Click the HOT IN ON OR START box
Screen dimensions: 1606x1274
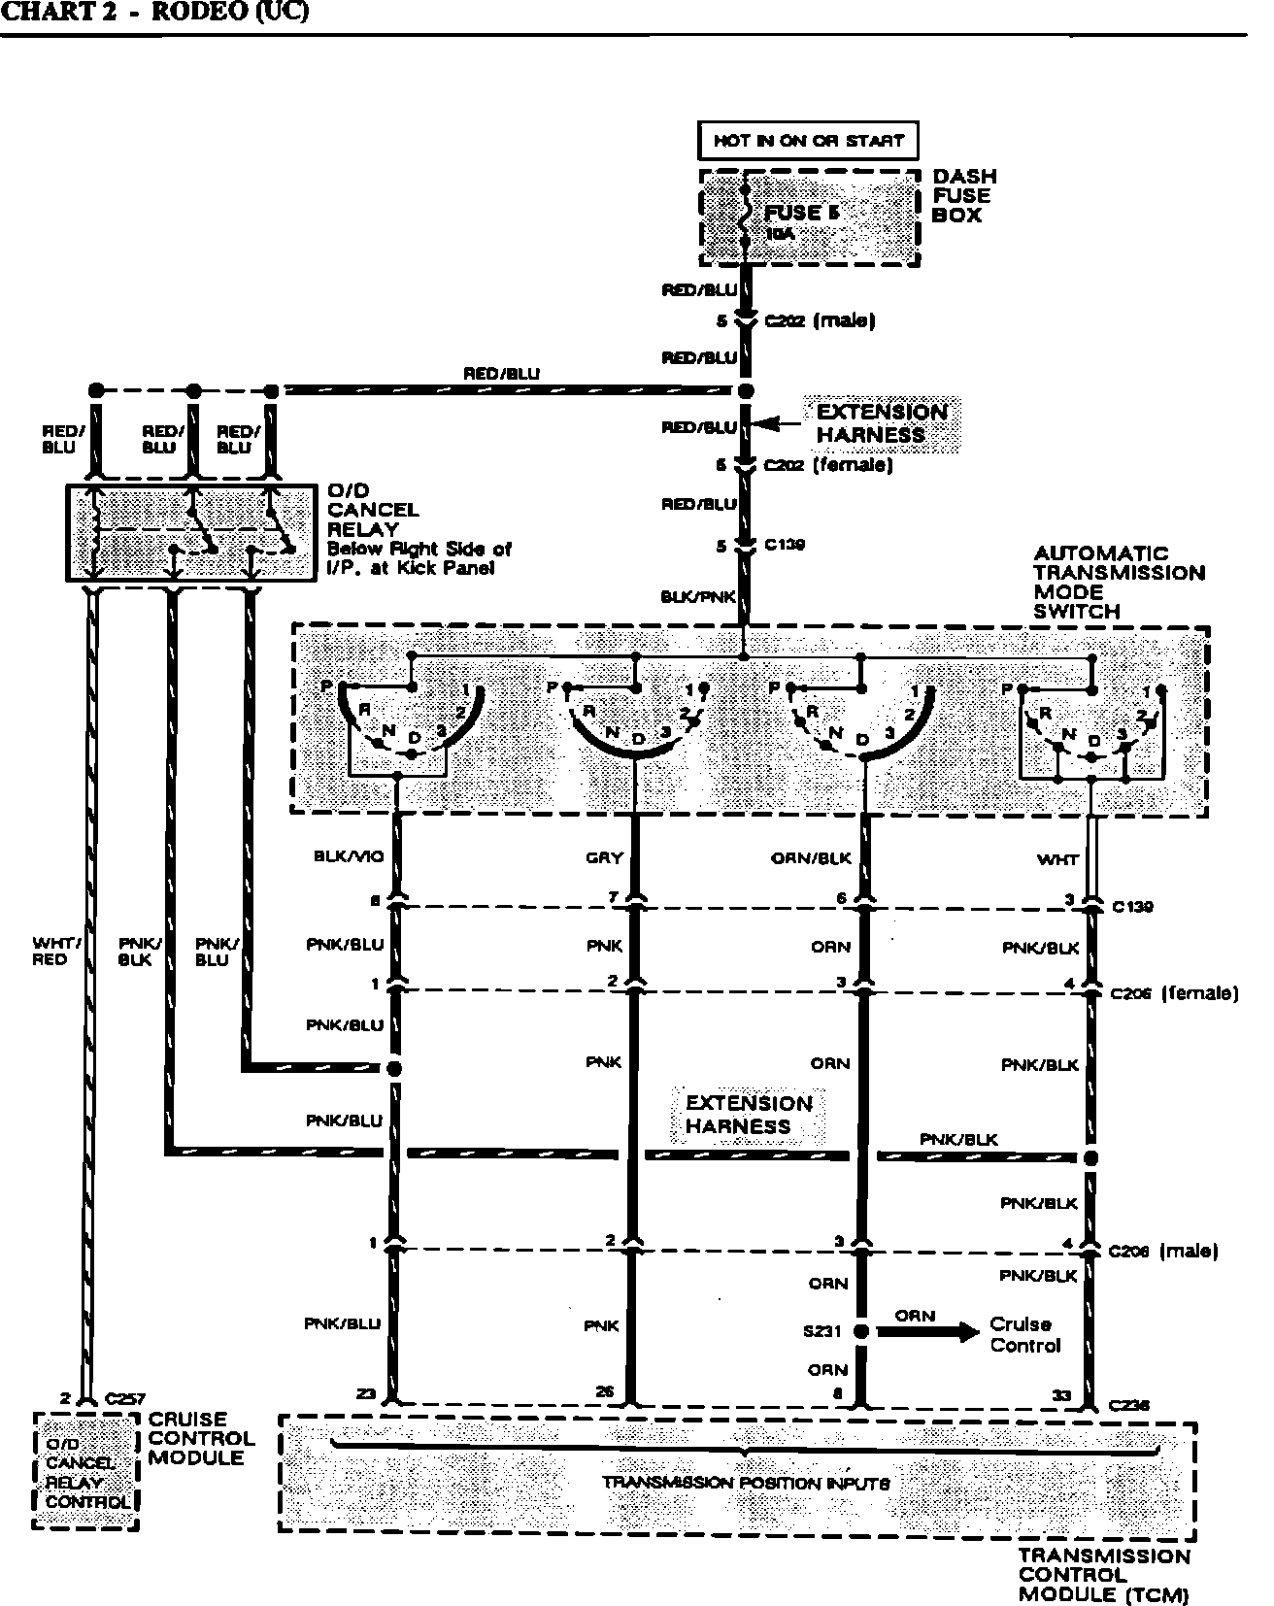[808, 141]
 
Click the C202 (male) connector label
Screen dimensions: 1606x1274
[821, 321]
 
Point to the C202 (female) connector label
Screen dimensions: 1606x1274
[827, 465]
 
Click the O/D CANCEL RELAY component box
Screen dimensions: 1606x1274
[190, 533]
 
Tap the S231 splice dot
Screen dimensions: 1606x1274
[860, 1331]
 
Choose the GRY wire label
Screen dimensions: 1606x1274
[604, 858]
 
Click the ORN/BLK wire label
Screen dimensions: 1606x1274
[811, 858]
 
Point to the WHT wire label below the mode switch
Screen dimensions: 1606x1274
[1057, 859]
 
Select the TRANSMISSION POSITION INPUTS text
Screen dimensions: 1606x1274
[745, 1483]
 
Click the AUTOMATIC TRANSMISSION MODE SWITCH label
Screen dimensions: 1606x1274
[1117, 582]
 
